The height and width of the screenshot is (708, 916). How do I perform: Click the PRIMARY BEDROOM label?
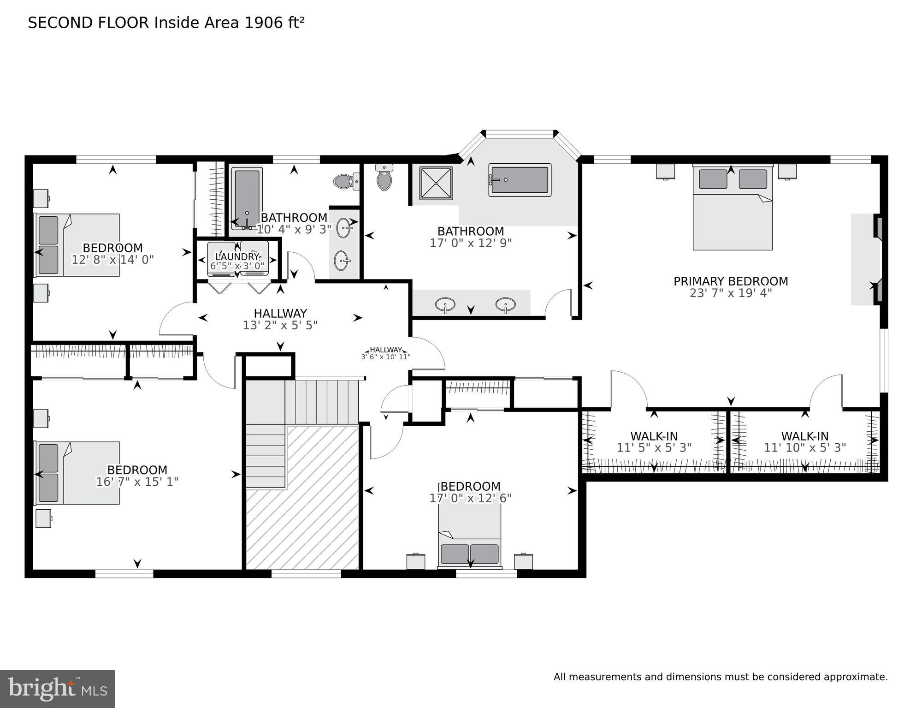tap(730, 281)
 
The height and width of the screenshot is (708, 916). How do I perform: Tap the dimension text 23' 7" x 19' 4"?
tap(730, 293)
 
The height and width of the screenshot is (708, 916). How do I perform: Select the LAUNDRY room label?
tap(237, 256)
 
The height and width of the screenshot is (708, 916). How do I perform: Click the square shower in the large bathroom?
tap(436, 183)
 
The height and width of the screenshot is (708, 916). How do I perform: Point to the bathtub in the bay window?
tap(520, 179)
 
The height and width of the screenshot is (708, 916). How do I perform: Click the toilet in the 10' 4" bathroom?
tap(343, 181)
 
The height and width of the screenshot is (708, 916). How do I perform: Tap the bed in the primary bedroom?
tap(732, 208)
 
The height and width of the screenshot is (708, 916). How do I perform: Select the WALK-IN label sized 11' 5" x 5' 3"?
tap(654, 436)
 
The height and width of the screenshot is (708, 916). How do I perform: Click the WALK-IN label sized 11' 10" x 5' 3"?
tap(804, 436)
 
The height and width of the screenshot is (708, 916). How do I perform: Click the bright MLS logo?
tap(57, 689)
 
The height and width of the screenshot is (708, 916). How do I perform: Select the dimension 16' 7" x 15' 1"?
tap(137, 482)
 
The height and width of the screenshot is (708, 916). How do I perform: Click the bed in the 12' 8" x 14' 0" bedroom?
tap(78, 245)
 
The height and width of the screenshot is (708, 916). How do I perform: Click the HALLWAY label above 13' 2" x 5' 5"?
tap(280, 314)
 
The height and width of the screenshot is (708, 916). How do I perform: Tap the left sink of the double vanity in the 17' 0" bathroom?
tap(445, 304)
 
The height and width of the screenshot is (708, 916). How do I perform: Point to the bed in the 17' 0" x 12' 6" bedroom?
tap(469, 537)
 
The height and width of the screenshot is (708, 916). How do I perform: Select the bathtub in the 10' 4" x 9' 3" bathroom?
tap(247, 197)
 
